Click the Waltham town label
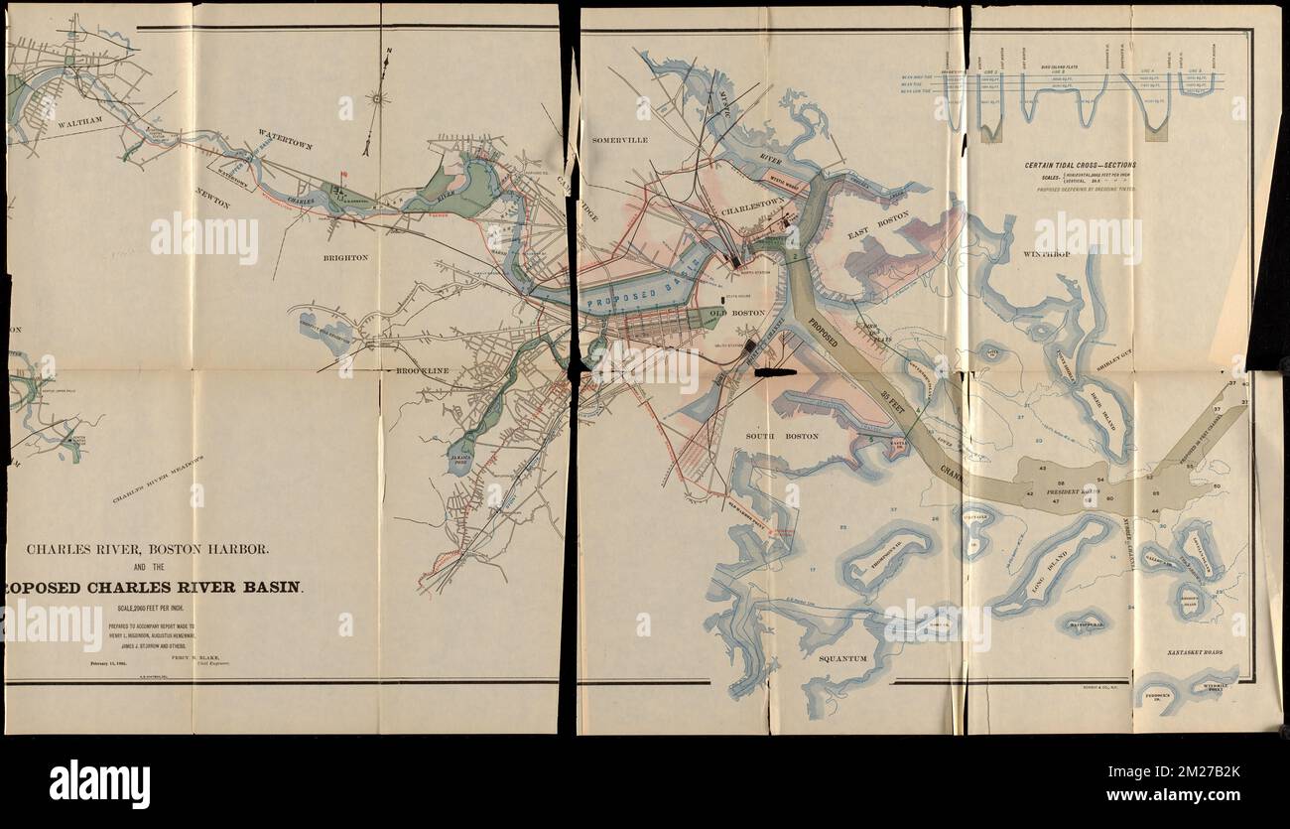click(x=79, y=124)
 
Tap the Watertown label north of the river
click(x=286, y=138)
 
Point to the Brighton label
click(x=345, y=257)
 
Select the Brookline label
click(x=423, y=371)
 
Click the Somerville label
click(x=620, y=141)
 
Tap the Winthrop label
click(x=1046, y=254)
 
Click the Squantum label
click(x=842, y=657)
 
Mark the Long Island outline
click(x=1049, y=566)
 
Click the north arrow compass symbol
click(x=375, y=99)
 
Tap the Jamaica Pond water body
click(x=459, y=459)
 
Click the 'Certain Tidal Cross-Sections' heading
click(x=1081, y=165)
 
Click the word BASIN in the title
click(x=271, y=587)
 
